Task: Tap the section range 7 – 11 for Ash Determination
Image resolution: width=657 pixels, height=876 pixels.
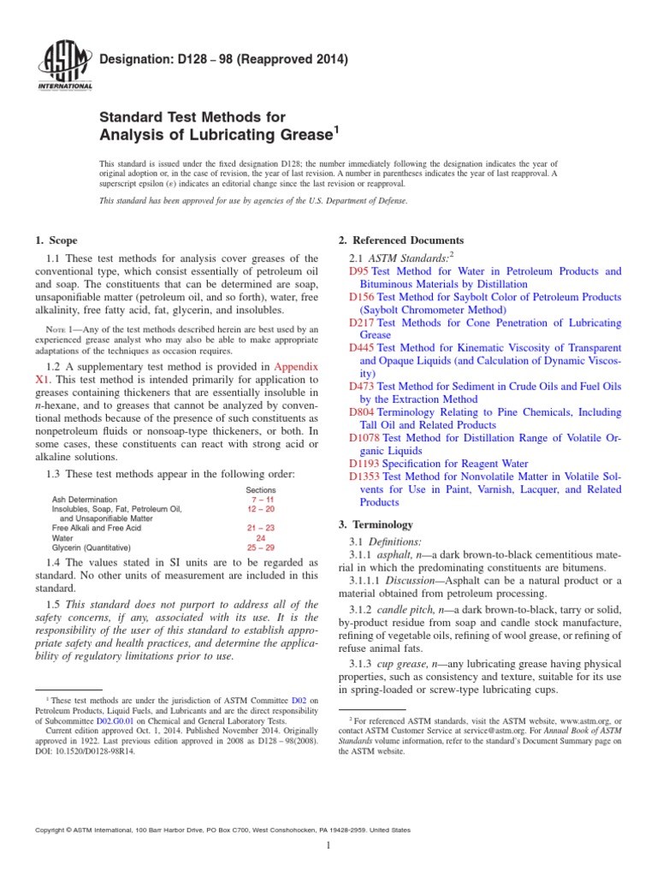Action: [x=262, y=500]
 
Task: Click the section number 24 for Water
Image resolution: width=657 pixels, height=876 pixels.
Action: [x=262, y=538]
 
